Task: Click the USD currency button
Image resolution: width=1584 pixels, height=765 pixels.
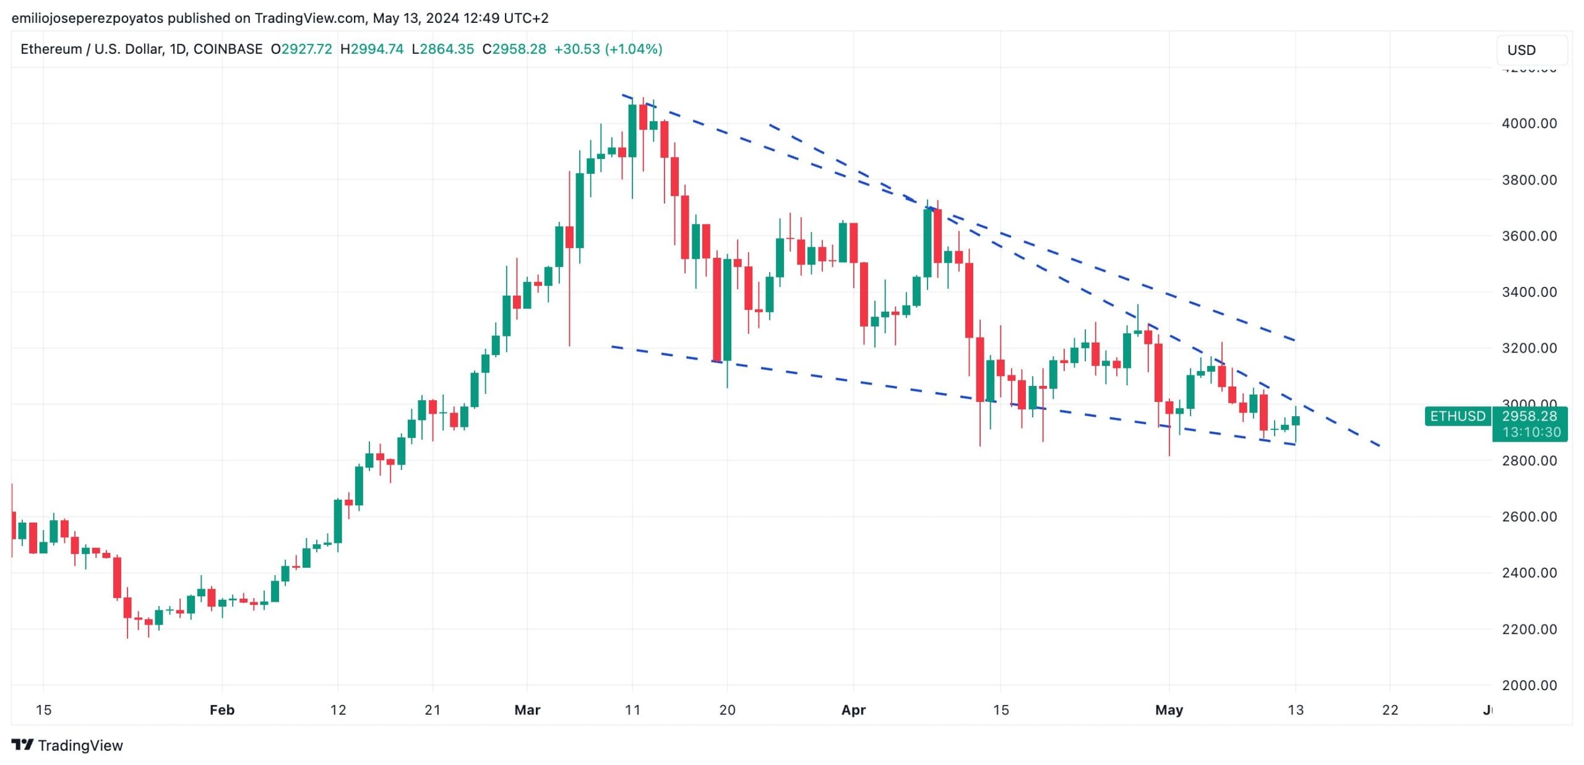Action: (1531, 50)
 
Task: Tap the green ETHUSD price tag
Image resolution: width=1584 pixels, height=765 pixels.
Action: (1457, 416)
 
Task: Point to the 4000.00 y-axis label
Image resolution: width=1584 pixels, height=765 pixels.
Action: (1529, 124)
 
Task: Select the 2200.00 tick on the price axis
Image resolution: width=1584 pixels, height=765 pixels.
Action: (1529, 630)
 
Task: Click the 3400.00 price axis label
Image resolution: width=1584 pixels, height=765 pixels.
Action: (1529, 292)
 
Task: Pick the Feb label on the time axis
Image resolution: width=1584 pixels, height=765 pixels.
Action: (222, 710)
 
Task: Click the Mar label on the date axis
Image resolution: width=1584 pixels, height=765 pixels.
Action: (527, 710)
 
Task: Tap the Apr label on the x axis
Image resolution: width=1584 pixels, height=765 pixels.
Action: (853, 710)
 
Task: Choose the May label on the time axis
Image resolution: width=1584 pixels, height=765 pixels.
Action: (1169, 710)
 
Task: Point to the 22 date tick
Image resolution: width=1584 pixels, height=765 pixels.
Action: (1390, 710)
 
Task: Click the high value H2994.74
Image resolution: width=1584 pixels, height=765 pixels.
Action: (372, 49)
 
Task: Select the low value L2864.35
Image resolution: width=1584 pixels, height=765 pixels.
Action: (442, 49)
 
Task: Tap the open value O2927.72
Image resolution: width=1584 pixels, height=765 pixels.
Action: (301, 49)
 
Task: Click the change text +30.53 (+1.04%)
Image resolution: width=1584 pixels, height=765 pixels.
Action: (608, 49)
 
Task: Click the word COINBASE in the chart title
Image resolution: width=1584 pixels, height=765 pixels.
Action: (228, 49)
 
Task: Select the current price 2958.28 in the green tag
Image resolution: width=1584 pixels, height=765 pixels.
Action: (1529, 416)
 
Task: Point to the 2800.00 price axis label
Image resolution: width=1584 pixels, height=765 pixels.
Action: (1529, 461)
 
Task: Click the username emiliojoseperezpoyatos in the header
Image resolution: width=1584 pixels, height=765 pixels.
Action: (87, 18)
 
